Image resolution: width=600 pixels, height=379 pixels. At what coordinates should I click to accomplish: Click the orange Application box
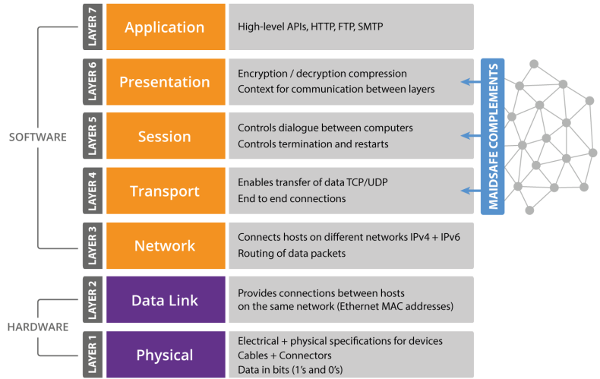coord(166,27)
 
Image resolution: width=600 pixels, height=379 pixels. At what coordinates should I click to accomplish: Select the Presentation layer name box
coord(166,81)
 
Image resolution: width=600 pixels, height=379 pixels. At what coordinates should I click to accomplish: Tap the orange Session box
coord(166,136)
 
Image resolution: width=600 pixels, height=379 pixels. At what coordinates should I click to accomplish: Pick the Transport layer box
coord(166,191)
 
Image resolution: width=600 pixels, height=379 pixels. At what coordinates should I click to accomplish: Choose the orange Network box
coord(166,245)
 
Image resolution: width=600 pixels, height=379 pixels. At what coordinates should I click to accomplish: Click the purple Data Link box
coord(166,300)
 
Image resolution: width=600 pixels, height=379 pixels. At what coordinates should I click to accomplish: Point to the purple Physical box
coord(166,355)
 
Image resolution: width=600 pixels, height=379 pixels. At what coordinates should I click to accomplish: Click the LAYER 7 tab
coord(93,27)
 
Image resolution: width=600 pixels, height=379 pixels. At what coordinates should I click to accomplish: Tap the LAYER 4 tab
coord(93,191)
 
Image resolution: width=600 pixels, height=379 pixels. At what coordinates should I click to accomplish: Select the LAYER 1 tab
coord(93,355)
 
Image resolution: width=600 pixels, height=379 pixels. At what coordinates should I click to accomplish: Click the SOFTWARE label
coord(37,137)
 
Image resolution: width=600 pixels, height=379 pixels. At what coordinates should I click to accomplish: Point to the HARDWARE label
coord(38,327)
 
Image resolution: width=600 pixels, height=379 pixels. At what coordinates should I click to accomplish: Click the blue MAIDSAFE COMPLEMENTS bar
coord(492,136)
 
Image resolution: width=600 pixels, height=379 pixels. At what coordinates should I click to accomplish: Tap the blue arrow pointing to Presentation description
coord(471,81)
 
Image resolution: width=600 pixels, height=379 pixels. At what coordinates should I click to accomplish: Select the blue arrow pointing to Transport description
coord(471,191)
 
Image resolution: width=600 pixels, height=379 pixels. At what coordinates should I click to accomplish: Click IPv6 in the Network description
coord(450,237)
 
